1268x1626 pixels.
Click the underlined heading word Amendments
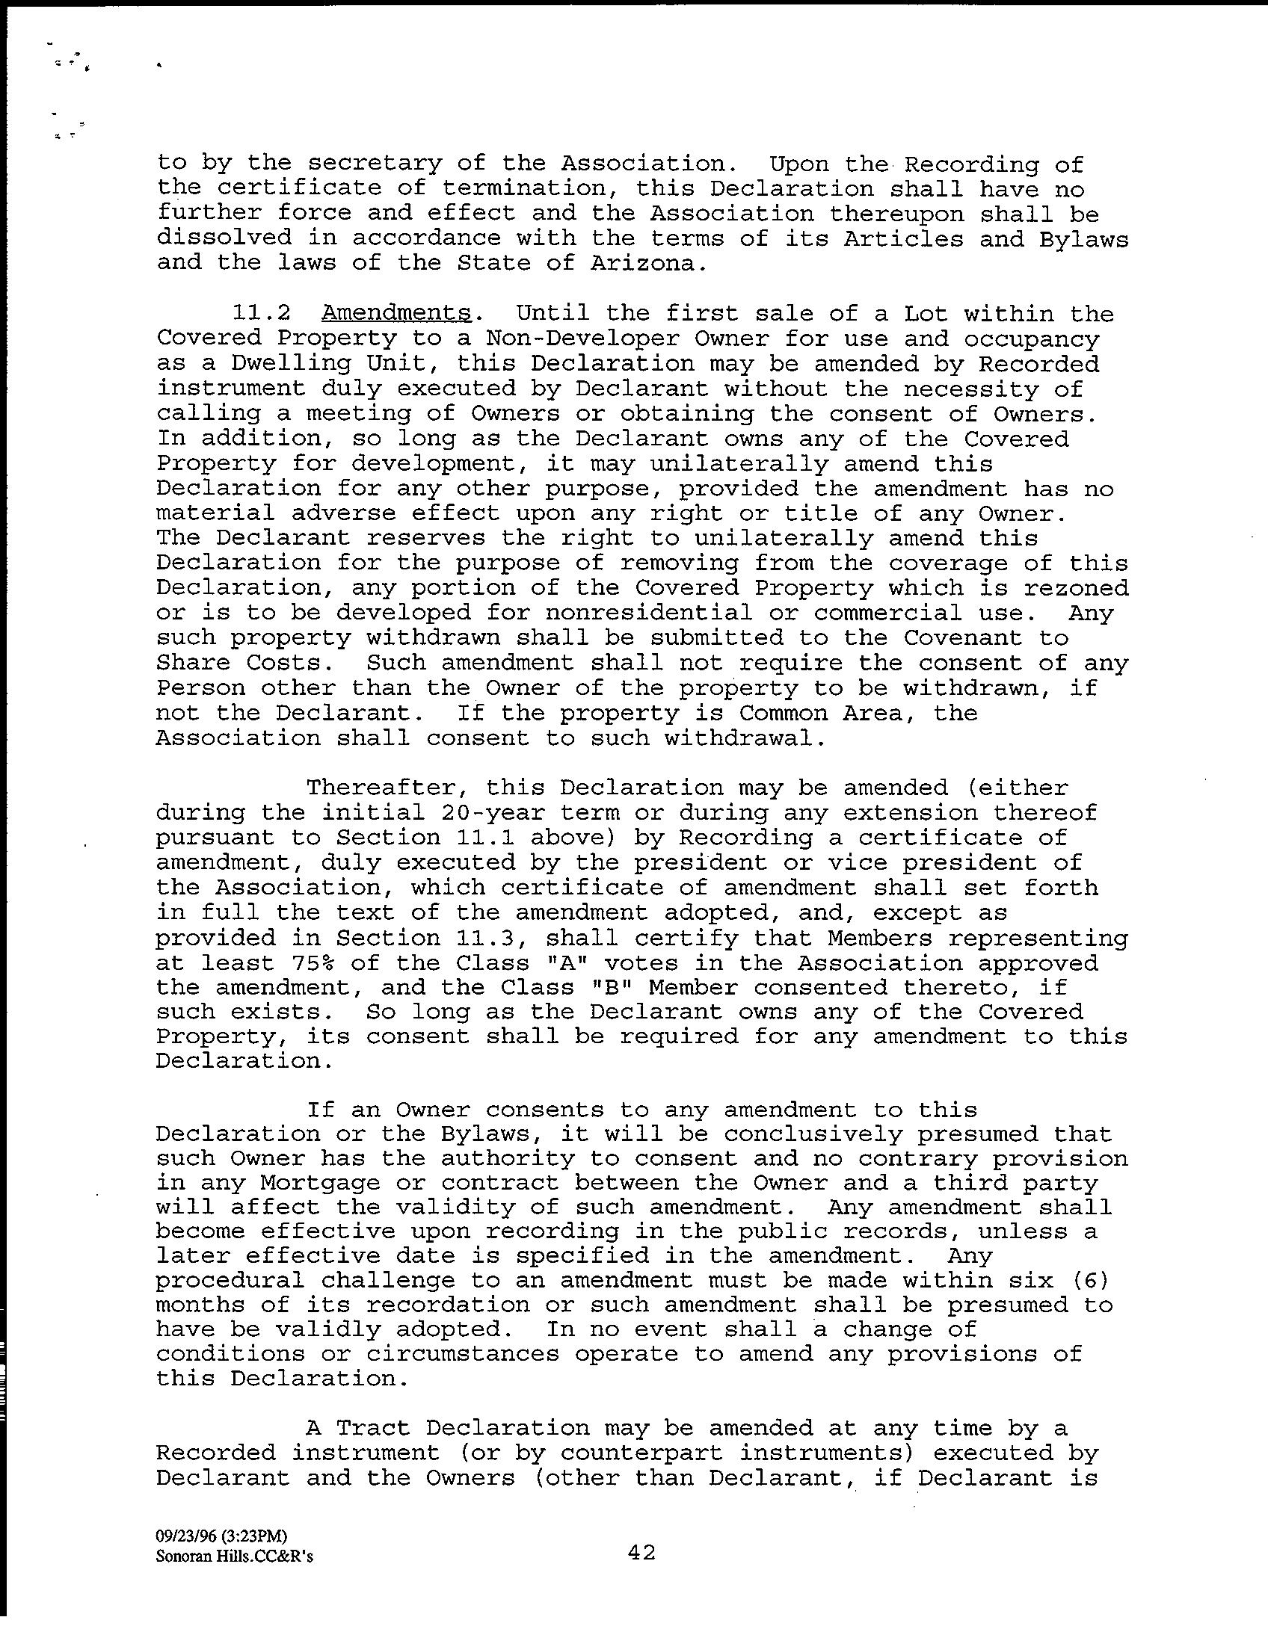396,314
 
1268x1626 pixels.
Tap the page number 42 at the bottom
641,1553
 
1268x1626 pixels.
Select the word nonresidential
649,613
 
